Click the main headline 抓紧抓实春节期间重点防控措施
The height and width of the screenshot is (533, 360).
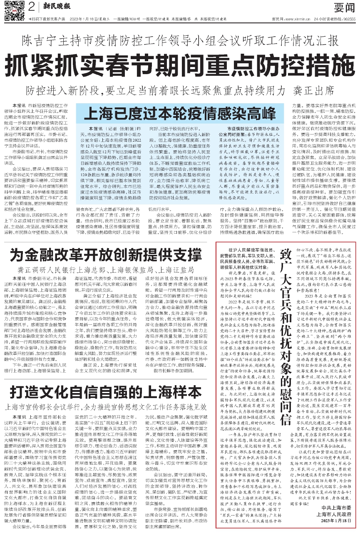tap(180, 65)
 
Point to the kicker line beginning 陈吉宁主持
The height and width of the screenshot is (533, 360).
tap(180, 40)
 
